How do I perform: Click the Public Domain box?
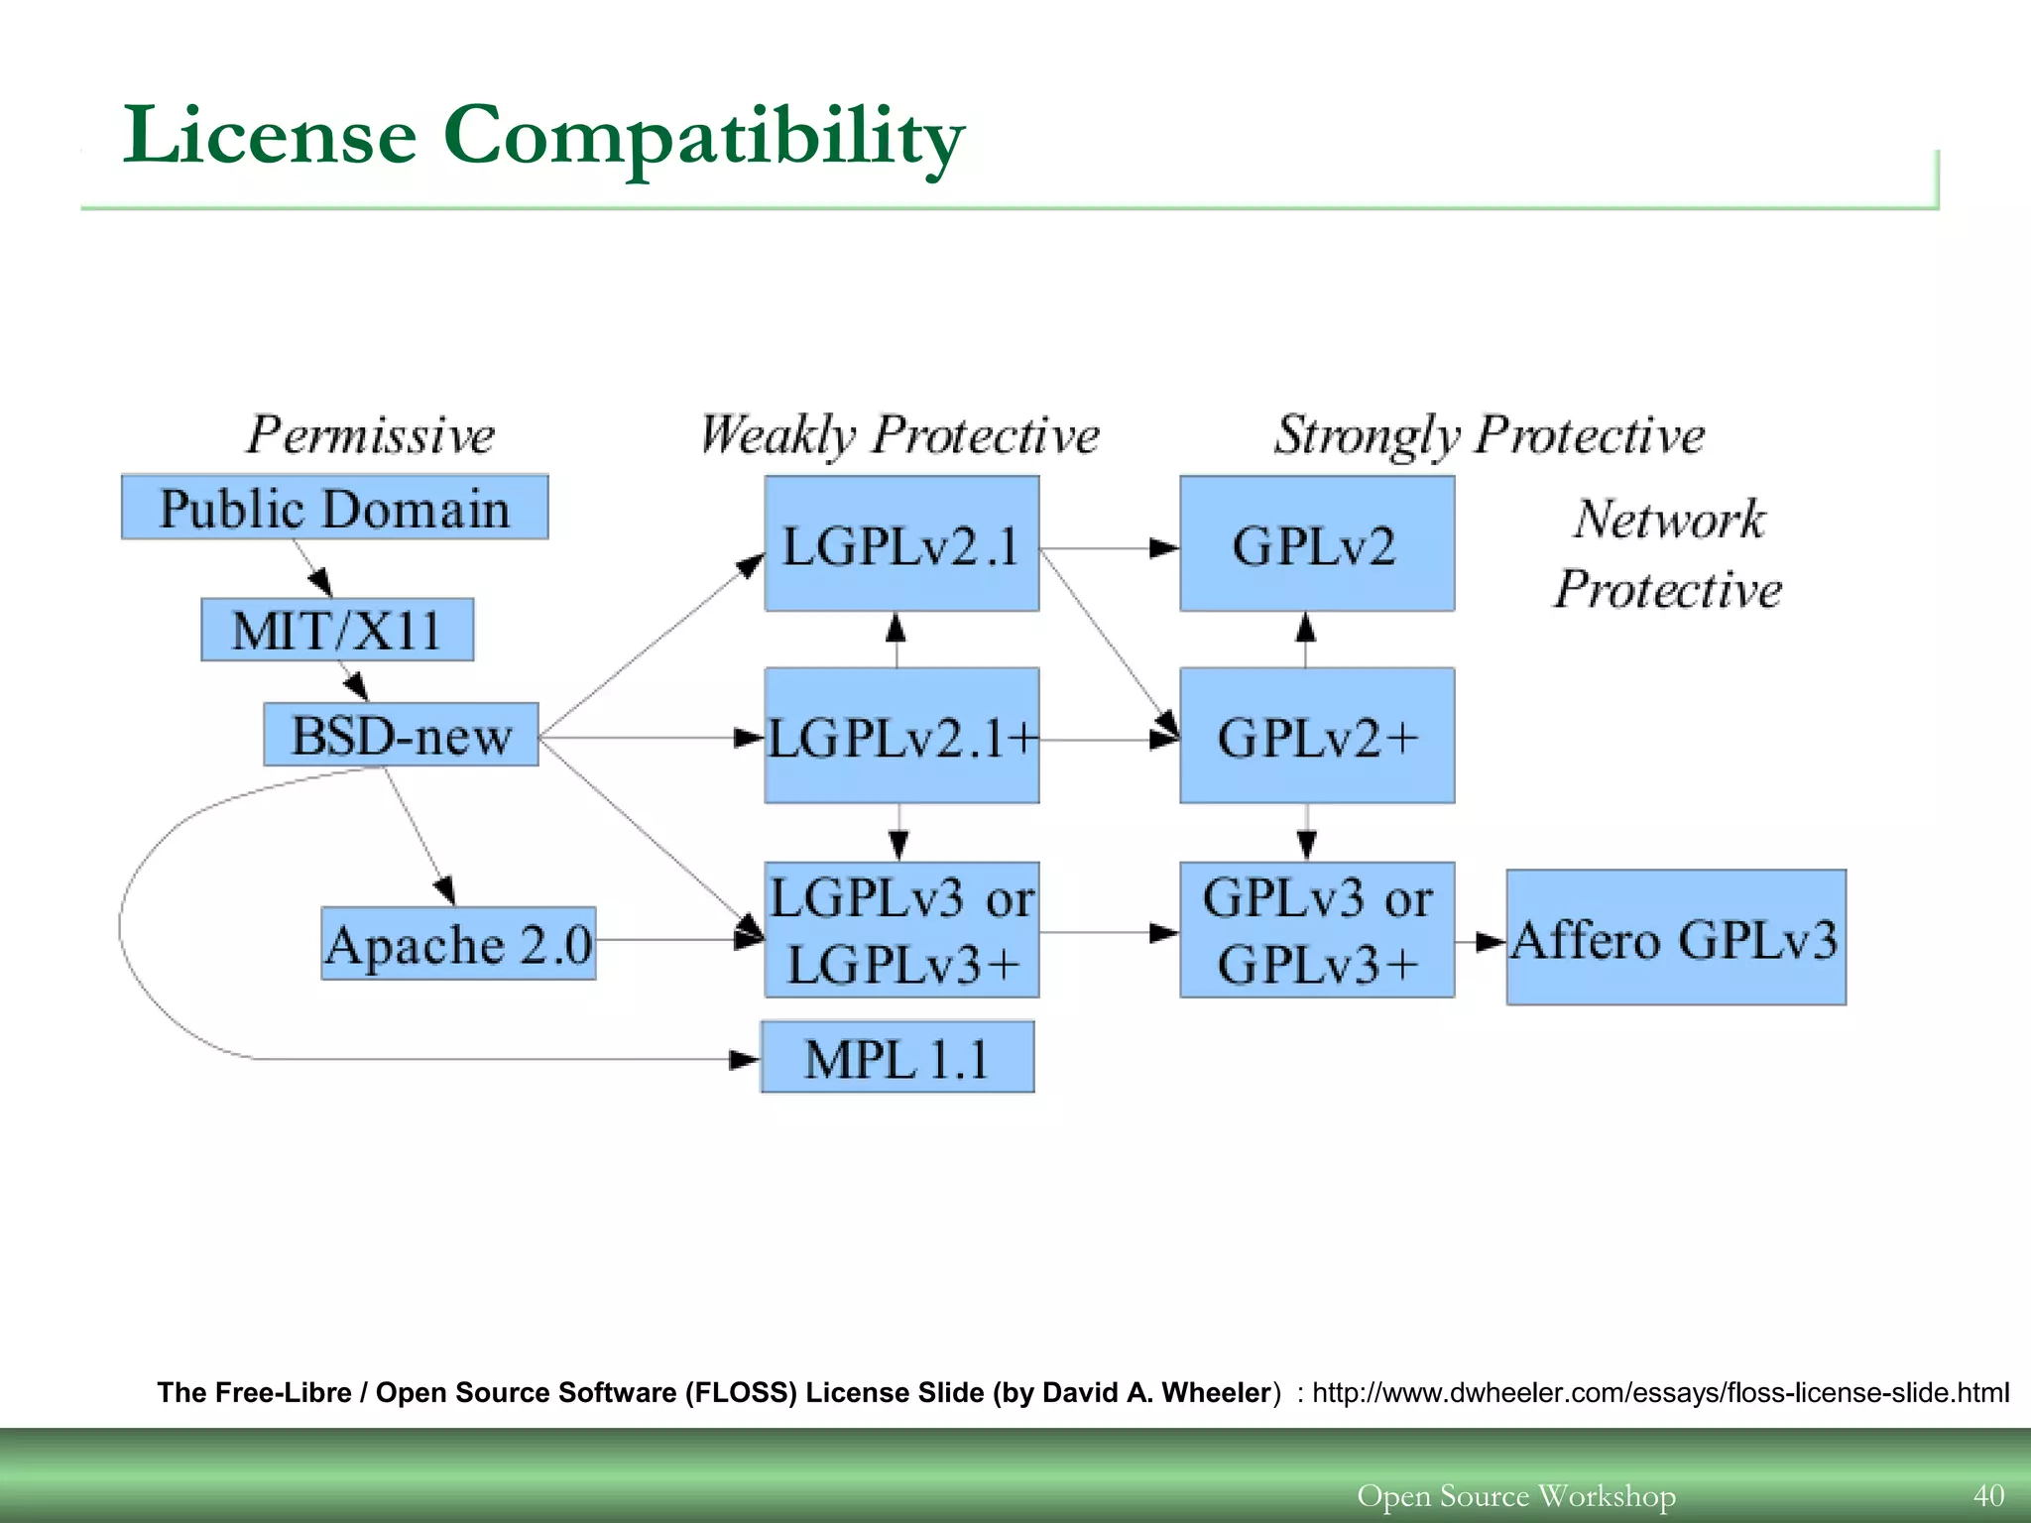click(x=334, y=508)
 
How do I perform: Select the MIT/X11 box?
click(x=337, y=630)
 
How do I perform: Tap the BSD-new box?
click(x=401, y=735)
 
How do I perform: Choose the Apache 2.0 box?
click(x=458, y=943)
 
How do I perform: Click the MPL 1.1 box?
click(x=896, y=1058)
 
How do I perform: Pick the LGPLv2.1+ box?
click(x=900, y=736)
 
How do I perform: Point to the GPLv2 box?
click(x=1316, y=543)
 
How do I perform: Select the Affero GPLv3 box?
click(x=1675, y=938)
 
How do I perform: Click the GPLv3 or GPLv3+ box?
click(x=1316, y=930)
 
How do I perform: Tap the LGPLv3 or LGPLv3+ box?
click(x=900, y=930)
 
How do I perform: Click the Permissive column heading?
click(x=370, y=435)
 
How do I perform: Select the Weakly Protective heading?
click(x=899, y=435)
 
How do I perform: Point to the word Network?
click(x=1669, y=520)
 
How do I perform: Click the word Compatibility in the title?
click(x=702, y=137)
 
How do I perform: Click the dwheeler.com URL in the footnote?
click(x=1660, y=1393)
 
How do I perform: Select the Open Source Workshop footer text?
click(x=1515, y=1495)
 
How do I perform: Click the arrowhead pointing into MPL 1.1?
click(x=744, y=1060)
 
